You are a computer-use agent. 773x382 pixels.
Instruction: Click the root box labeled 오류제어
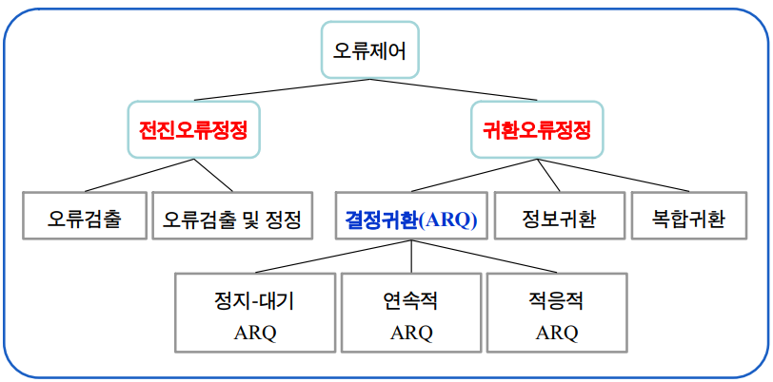(370, 49)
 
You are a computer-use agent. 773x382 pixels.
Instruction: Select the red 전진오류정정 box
(193, 129)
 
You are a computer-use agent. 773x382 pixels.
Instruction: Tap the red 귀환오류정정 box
(538, 129)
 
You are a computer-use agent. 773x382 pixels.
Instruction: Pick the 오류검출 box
(84, 220)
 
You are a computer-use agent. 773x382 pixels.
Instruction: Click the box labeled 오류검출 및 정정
(231, 220)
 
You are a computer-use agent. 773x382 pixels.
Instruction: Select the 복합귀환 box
(688, 220)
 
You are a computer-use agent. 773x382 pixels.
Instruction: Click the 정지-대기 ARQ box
(254, 314)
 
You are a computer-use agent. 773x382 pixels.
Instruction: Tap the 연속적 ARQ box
(411, 314)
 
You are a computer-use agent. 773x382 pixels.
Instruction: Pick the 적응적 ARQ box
(557, 314)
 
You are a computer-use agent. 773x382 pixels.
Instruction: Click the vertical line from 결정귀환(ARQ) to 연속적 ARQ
(411, 257)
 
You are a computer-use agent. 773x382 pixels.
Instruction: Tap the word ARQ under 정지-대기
(254, 333)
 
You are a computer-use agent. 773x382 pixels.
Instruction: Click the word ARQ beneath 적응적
(557, 333)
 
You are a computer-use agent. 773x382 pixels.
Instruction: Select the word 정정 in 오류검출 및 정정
(283, 220)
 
